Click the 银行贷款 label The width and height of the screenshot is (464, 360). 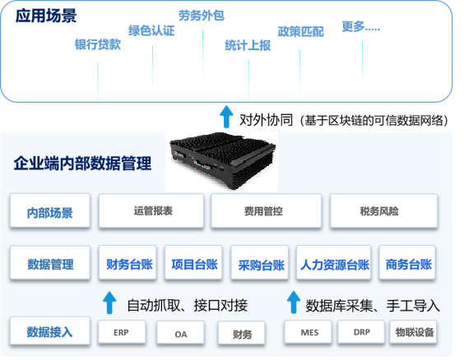coord(98,44)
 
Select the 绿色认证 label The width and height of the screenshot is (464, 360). coord(151,30)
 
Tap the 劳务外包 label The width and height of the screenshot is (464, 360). coord(202,16)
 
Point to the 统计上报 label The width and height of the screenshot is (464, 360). coord(248,45)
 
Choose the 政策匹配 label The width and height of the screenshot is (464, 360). coord(300,32)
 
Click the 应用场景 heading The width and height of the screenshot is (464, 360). coord(46,16)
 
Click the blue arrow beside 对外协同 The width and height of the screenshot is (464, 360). coord(226,117)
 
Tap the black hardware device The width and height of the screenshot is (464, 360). coord(222,160)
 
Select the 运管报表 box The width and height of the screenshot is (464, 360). coord(151,210)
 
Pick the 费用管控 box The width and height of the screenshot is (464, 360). coord(267,210)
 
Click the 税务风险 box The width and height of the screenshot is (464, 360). coord(384,210)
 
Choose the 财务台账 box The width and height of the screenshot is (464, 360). coord(128,262)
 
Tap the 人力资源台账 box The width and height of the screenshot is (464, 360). coord(333,262)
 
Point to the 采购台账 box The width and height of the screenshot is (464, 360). coord(260,262)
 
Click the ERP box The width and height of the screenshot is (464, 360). coord(122,332)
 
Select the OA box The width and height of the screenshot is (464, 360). coord(180,334)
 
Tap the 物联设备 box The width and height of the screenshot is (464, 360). coord(413,332)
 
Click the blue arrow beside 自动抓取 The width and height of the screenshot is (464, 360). coord(109,302)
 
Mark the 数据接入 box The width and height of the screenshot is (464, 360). coord(50,331)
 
